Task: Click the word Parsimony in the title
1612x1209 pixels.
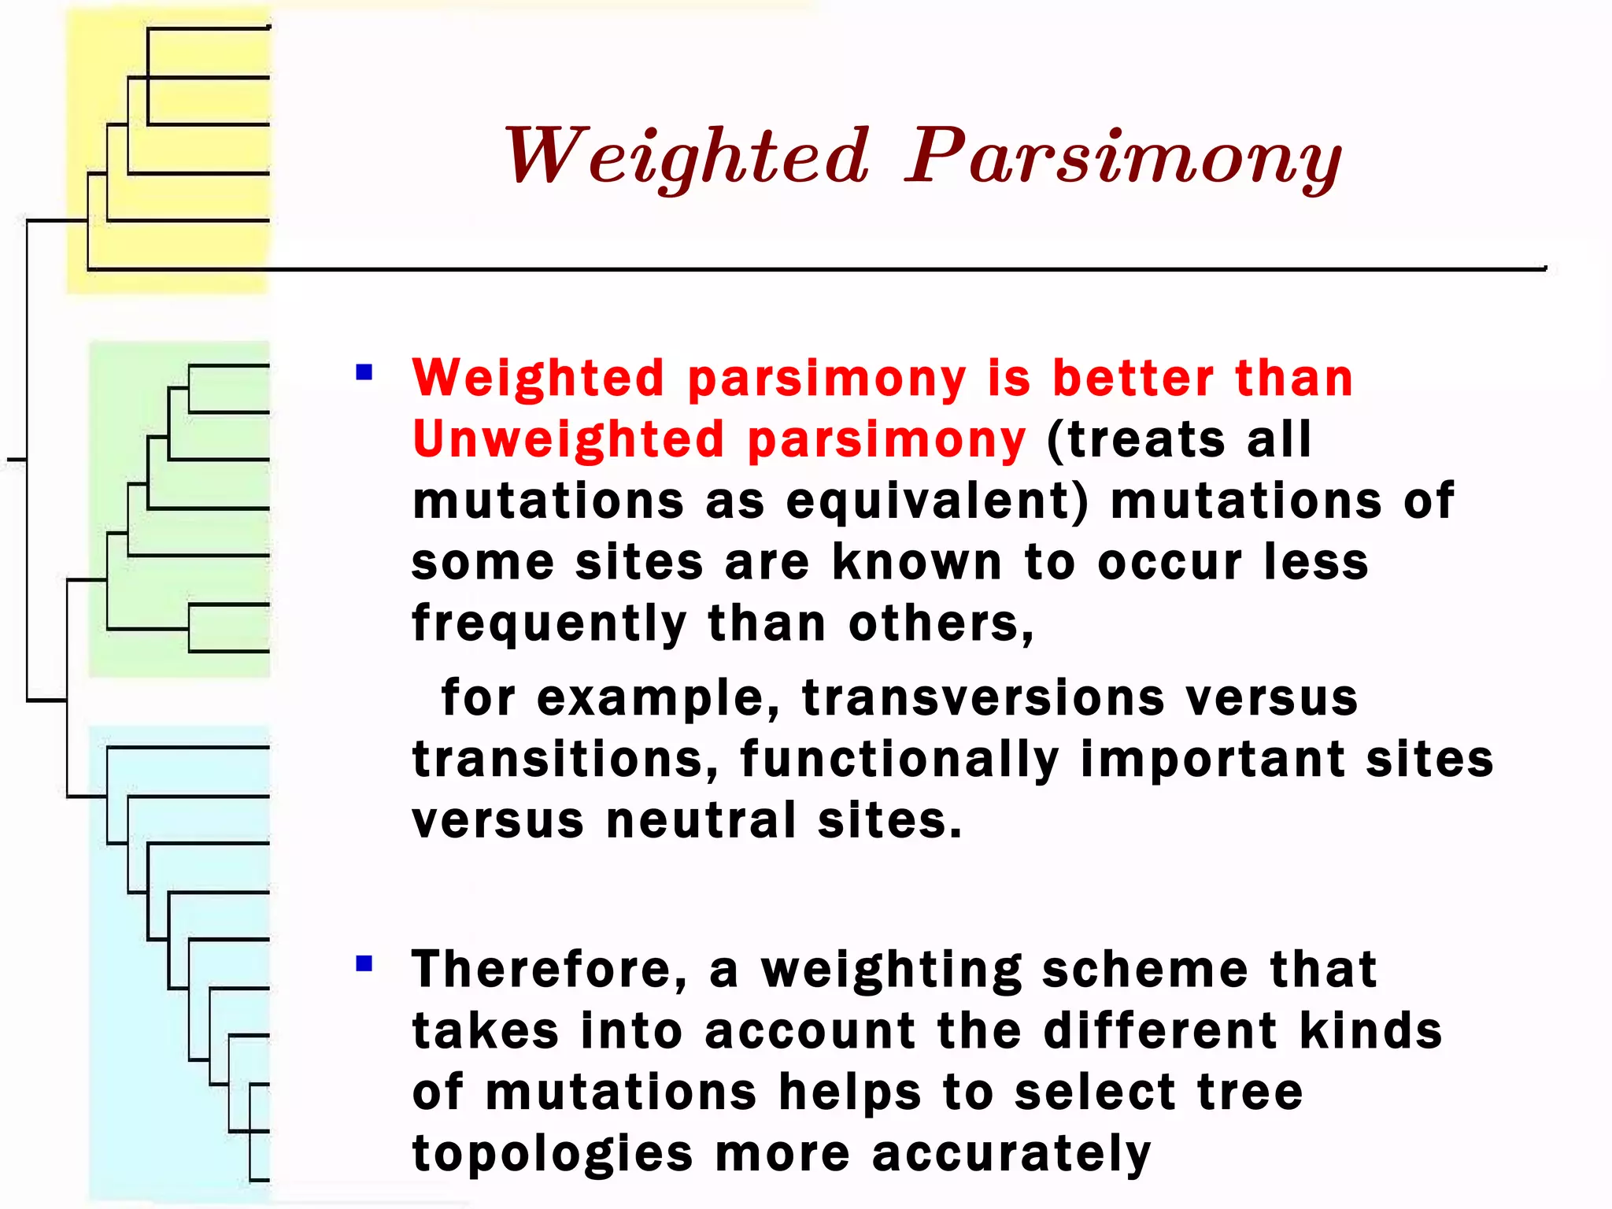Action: pos(1124,157)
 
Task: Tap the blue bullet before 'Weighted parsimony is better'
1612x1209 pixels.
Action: pos(364,372)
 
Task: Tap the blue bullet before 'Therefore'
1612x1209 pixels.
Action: pos(364,963)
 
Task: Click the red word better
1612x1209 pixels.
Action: pos(1133,379)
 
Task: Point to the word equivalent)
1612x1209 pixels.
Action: pos(937,501)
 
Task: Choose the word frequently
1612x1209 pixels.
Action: pos(549,624)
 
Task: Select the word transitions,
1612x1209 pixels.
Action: pos(565,760)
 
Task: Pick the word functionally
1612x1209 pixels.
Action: pos(900,760)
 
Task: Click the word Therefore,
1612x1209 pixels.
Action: pos(549,969)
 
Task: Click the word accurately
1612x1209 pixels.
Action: pos(1011,1155)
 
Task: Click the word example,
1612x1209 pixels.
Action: pos(658,698)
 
